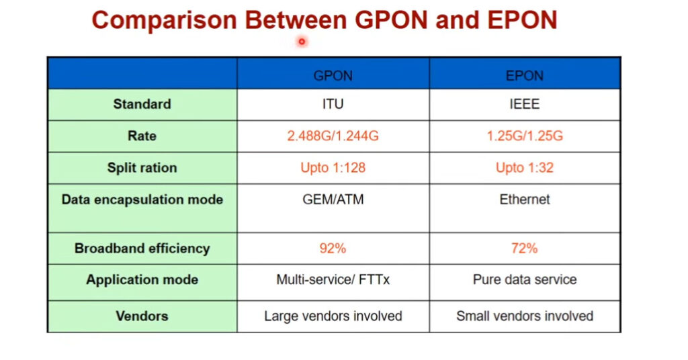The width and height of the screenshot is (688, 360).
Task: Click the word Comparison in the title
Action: click(x=165, y=20)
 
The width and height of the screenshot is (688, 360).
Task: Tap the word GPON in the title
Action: click(x=391, y=20)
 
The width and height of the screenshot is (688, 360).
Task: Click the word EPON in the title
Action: click(x=522, y=20)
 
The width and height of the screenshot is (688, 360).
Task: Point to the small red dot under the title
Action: click(x=302, y=42)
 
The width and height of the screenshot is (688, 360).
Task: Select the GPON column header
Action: click(x=333, y=76)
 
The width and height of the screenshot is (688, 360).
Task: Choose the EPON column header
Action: click(x=525, y=76)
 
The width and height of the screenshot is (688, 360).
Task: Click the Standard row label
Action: click(x=142, y=104)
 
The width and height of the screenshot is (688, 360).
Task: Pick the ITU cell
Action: click(x=333, y=104)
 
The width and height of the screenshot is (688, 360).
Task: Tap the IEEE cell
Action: click(x=525, y=104)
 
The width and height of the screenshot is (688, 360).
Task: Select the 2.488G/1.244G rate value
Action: click(x=333, y=136)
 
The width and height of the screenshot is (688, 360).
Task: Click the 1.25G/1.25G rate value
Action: click(x=525, y=136)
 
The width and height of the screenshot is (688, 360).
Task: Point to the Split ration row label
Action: click(x=142, y=167)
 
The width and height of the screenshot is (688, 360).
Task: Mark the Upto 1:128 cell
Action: click(x=333, y=167)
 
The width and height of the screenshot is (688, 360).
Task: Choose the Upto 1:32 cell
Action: click(x=525, y=167)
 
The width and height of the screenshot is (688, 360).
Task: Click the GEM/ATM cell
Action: click(x=333, y=199)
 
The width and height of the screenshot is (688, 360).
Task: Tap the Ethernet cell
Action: click(x=525, y=199)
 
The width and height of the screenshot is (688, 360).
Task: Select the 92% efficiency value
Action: click(x=333, y=249)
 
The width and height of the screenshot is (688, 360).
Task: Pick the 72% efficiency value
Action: click(x=525, y=249)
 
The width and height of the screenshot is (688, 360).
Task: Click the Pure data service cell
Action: click(x=525, y=280)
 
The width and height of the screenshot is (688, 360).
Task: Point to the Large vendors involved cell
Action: click(x=333, y=316)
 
